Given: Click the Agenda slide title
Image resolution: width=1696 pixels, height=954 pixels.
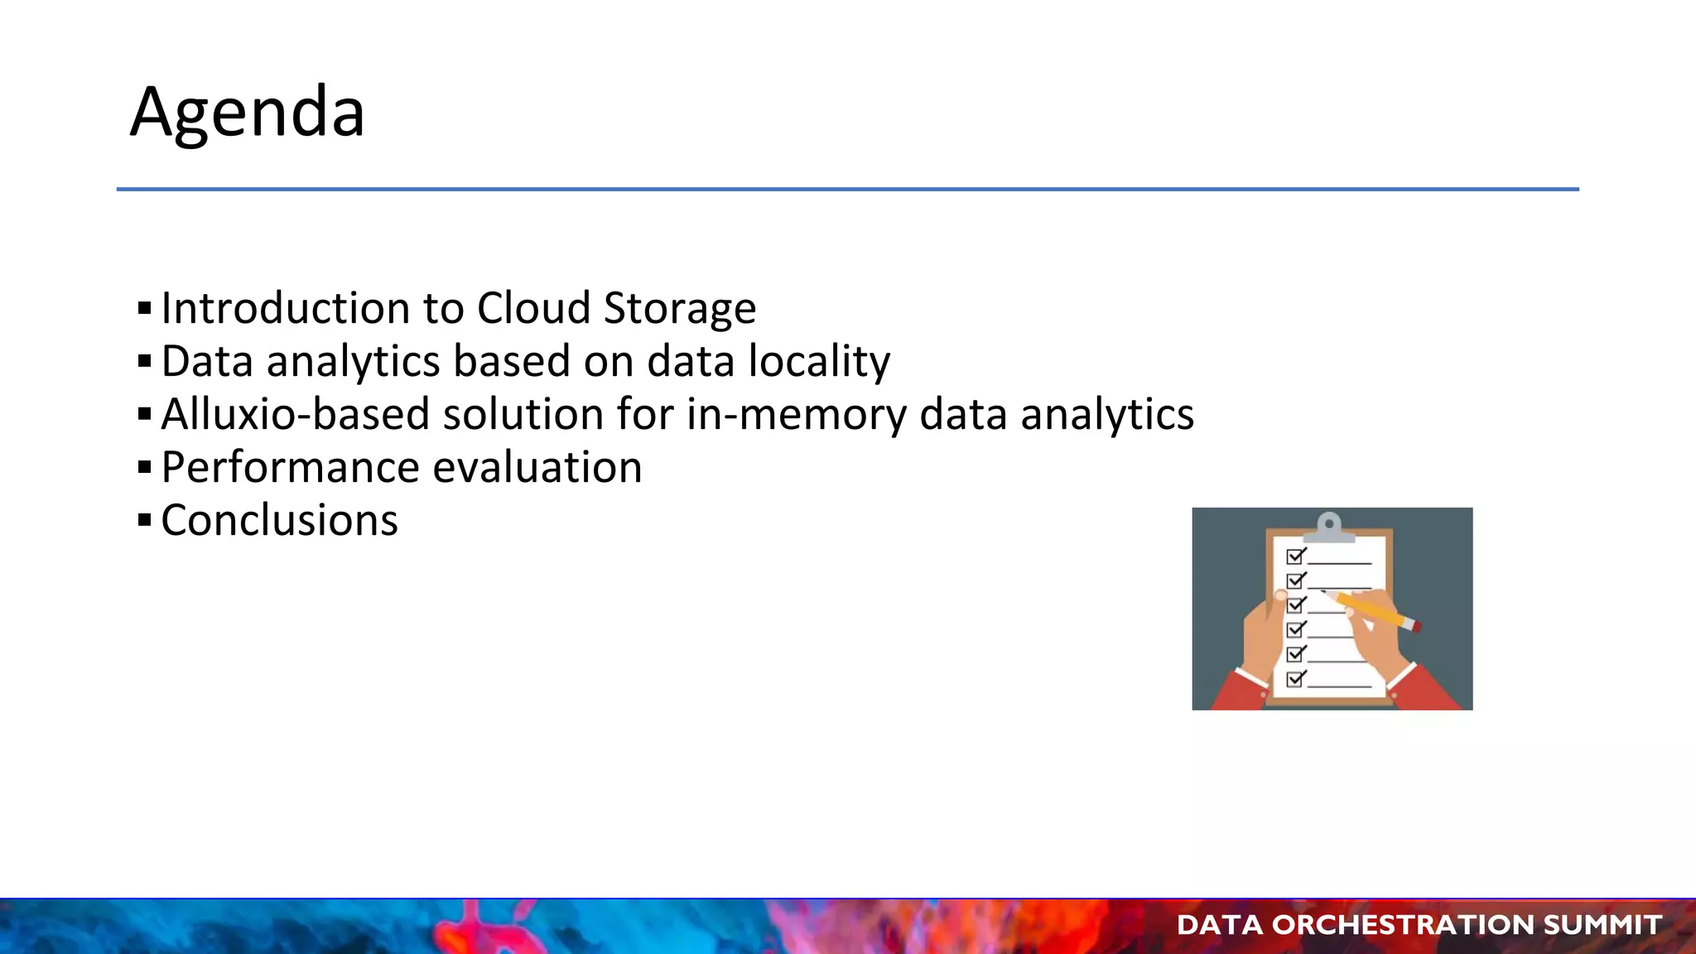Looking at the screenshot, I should coord(247,112).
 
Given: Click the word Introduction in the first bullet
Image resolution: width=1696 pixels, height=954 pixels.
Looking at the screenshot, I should coord(285,308).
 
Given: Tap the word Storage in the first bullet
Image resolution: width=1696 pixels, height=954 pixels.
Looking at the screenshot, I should coord(679,310).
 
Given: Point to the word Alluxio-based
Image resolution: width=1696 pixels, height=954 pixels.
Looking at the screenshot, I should coord(295,414).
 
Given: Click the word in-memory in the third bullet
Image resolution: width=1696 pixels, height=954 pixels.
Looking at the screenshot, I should coord(796,415).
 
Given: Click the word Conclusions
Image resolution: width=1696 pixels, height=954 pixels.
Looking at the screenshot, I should coord(279,521).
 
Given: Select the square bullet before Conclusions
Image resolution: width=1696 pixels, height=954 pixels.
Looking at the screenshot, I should coord(145,521).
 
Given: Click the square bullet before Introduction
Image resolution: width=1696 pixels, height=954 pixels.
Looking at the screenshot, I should coord(145,309).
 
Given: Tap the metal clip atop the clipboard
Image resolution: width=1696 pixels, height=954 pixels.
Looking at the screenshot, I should coord(1329,527).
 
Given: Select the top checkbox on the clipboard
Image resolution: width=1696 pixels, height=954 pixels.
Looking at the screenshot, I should coord(1295,556).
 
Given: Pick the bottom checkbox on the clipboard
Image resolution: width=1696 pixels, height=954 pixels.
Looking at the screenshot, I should coord(1295,679).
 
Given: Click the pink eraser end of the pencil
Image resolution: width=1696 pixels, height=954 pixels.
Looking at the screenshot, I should coord(1417,627).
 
